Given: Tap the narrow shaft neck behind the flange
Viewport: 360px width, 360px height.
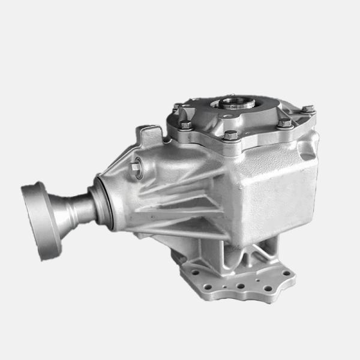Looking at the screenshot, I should (x=78, y=207).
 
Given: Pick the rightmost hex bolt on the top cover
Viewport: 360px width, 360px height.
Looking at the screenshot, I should (x=307, y=109).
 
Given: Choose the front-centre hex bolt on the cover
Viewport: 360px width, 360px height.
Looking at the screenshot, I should (x=230, y=134).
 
